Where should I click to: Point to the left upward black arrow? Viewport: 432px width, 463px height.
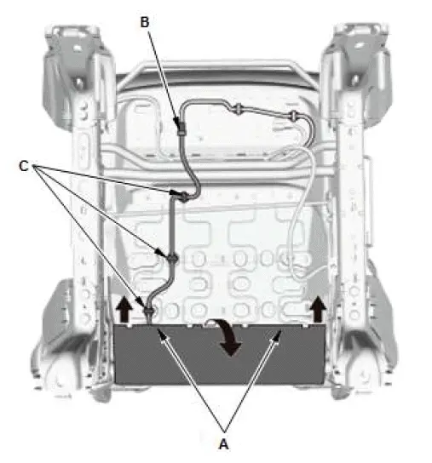click(124, 309)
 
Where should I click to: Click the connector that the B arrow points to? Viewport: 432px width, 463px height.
click(180, 129)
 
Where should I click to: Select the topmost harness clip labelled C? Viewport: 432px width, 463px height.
click(182, 197)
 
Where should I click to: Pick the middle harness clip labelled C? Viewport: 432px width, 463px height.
click(170, 256)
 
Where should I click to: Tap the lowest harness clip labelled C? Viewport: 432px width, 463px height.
click(150, 312)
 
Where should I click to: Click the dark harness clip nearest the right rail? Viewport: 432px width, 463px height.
click(293, 113)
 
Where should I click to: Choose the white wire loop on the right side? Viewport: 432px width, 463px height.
click(300, 213)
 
